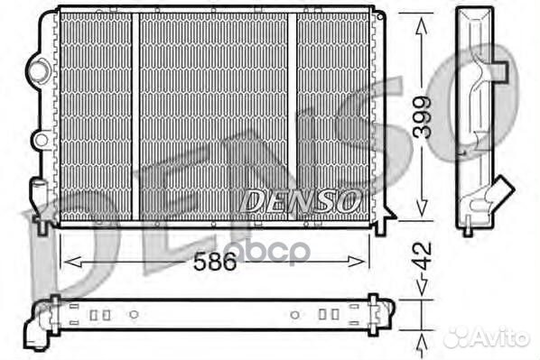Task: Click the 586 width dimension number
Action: coord(215,261)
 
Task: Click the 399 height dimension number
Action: coord(422,117)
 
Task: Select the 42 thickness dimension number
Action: coord(423,255)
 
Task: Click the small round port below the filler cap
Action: coord(42,140)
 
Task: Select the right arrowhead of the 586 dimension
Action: coord(356,262)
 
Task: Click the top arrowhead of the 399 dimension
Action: coord(422,27)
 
